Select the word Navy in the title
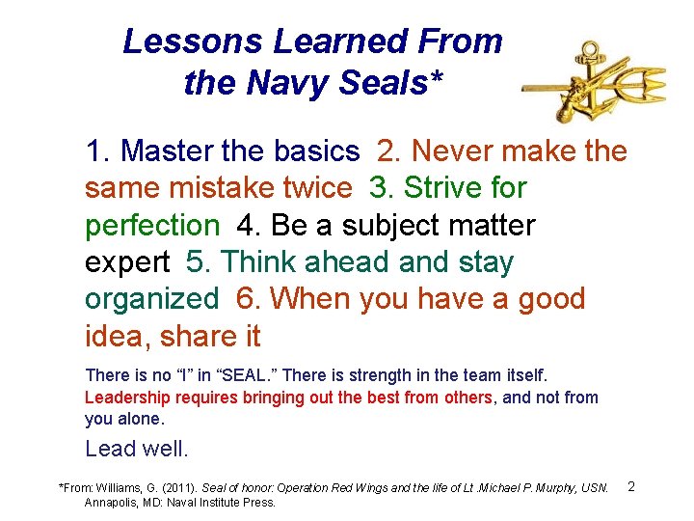pyautogui.click(x=279, y=83)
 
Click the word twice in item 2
pyautogui.click(x=314, y=188)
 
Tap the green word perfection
pyautogui.click(x=152, y=226)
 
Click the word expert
pyautogui.click(x=125, y=262)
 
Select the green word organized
pyautogui.click(x=152, y=299)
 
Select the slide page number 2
pyautogui.click(x=631, y=485)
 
